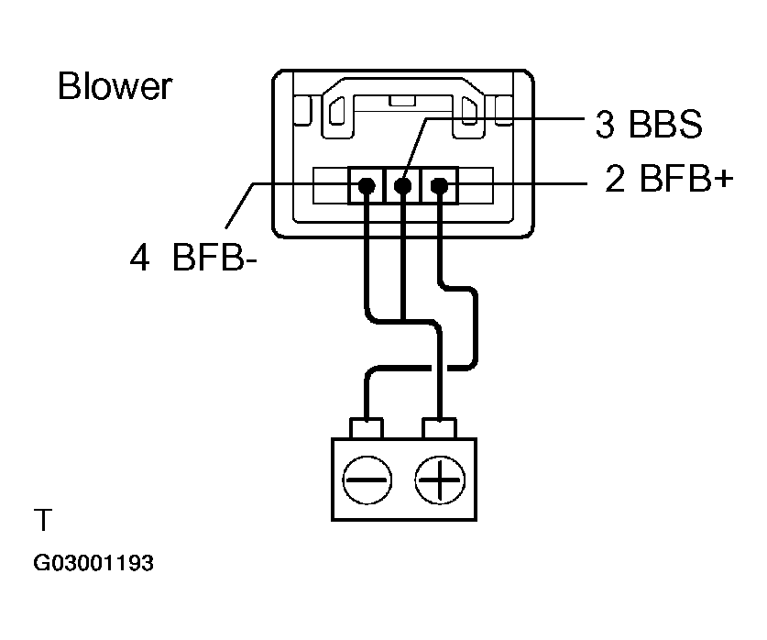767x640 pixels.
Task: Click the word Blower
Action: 114,86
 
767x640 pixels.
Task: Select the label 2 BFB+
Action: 669,180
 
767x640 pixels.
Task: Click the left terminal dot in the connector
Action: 367,187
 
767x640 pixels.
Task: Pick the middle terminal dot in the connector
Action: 402,187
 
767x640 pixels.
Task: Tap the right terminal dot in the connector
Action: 439,187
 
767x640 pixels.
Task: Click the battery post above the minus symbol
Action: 367,428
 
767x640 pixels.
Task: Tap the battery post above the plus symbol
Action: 440,428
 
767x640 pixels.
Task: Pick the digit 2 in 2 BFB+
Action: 614,180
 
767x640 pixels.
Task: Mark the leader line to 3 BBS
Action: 504,118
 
